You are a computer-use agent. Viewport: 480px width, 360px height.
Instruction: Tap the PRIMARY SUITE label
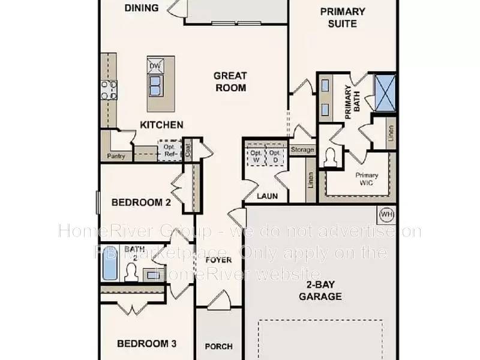(343, 17)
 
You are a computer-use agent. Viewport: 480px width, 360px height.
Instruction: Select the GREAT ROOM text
(230, 81)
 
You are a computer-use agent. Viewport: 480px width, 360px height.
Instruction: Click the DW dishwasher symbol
(154, 66)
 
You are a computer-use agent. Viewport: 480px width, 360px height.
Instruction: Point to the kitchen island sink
(155, 85)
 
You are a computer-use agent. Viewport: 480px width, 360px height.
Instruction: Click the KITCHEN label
(161, 125)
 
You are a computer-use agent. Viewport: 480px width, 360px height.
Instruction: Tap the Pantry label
(116, 156)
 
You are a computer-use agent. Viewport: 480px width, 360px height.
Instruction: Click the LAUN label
(266, 196)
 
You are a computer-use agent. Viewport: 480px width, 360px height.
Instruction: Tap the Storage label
(302, 149)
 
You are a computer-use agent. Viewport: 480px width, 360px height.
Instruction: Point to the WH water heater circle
(386, 213)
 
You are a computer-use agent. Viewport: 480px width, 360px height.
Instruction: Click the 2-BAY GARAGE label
(324, 290)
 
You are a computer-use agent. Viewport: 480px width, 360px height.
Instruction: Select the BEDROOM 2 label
(141, 203)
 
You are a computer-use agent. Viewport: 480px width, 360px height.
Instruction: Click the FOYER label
(218, 260)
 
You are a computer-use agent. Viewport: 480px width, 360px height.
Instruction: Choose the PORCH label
(218, 346)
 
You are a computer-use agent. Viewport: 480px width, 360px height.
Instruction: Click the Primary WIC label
(367, 179)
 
